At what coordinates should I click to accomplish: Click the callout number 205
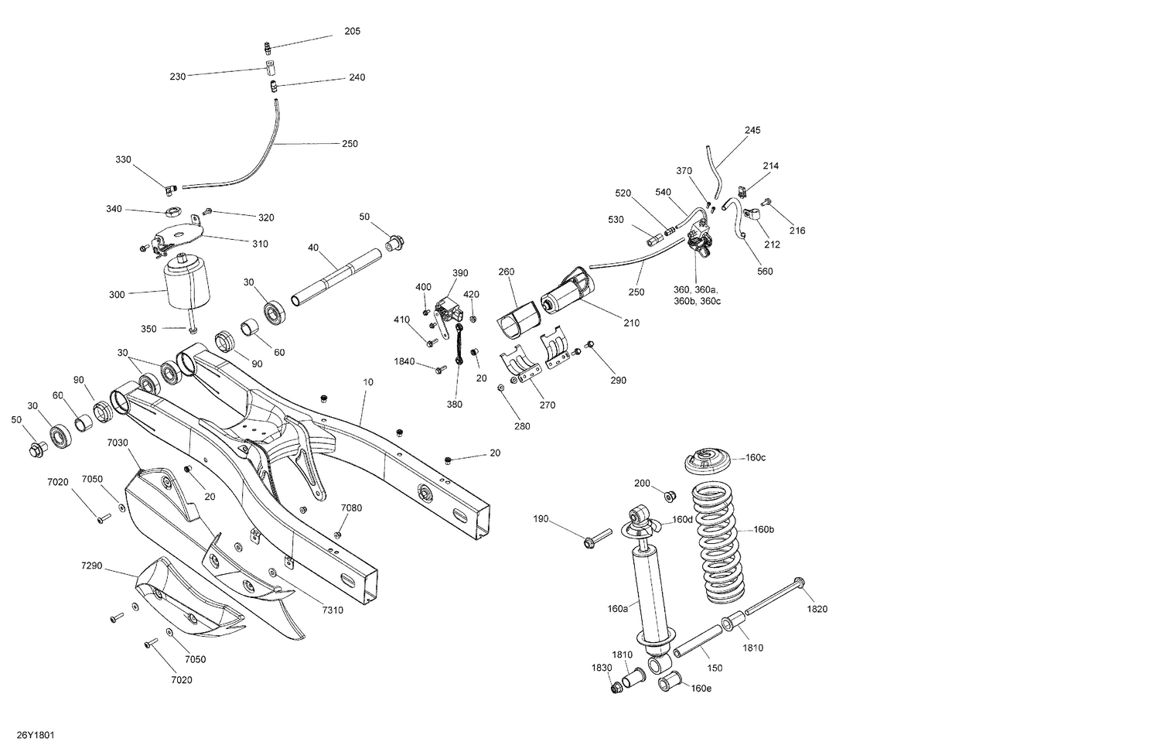click(x=352, y=32)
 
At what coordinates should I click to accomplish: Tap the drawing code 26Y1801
click(x=35, y=735)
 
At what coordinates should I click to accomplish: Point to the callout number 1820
click(x=817, y=609)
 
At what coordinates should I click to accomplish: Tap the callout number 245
click(x=752, y=130)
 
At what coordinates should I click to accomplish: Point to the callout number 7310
click(x=333, y=610)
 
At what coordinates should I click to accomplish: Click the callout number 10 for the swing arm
click(x=368, y=382)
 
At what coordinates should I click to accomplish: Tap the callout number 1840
click(x=404, y=361)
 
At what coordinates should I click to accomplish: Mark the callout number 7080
click(x=351, y=508)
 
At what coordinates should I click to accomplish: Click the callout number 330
click(x=124, y=159)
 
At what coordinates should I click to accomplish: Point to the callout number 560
click(x=765, y=272)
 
